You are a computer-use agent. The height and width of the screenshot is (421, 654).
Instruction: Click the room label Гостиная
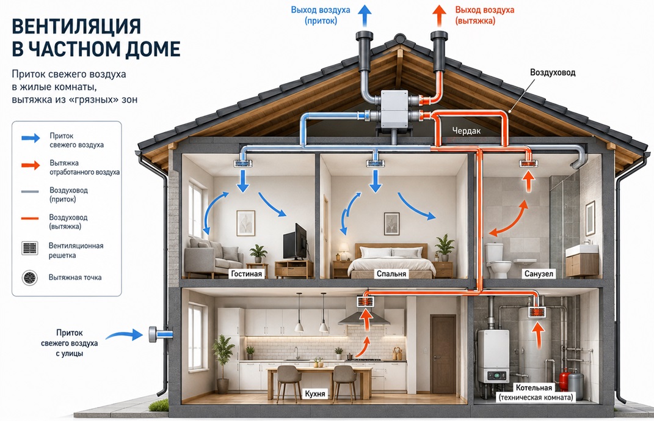tap(247, 274)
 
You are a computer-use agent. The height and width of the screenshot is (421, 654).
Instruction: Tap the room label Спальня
tap(391, 274)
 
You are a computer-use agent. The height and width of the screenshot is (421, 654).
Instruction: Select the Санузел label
tap(539, 274)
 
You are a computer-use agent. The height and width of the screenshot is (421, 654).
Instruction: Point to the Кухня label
tap(315, 394)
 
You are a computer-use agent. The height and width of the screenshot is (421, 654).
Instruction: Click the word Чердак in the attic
tap(467, 131)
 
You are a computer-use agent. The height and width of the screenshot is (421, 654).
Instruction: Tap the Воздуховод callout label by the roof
tap(553, 73)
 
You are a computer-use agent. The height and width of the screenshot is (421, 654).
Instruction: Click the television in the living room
tap(295, 242)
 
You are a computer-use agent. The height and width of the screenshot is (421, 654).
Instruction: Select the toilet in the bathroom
tap(498, 261)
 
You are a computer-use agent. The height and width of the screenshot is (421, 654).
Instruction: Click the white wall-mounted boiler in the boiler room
tap(493, 356)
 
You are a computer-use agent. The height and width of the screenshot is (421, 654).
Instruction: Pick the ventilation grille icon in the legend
tap(29, 248)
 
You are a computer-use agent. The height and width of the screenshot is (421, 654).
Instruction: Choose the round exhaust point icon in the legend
tap(29, 277)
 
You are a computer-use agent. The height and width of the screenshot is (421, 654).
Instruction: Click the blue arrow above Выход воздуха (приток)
tap(365, 16)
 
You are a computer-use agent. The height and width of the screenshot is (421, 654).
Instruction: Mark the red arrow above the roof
tap(439, 16)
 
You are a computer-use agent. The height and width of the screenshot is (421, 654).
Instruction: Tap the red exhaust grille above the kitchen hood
tap(365, 301)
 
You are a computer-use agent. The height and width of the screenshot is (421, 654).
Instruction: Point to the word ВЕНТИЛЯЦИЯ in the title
tap(76, 26)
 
